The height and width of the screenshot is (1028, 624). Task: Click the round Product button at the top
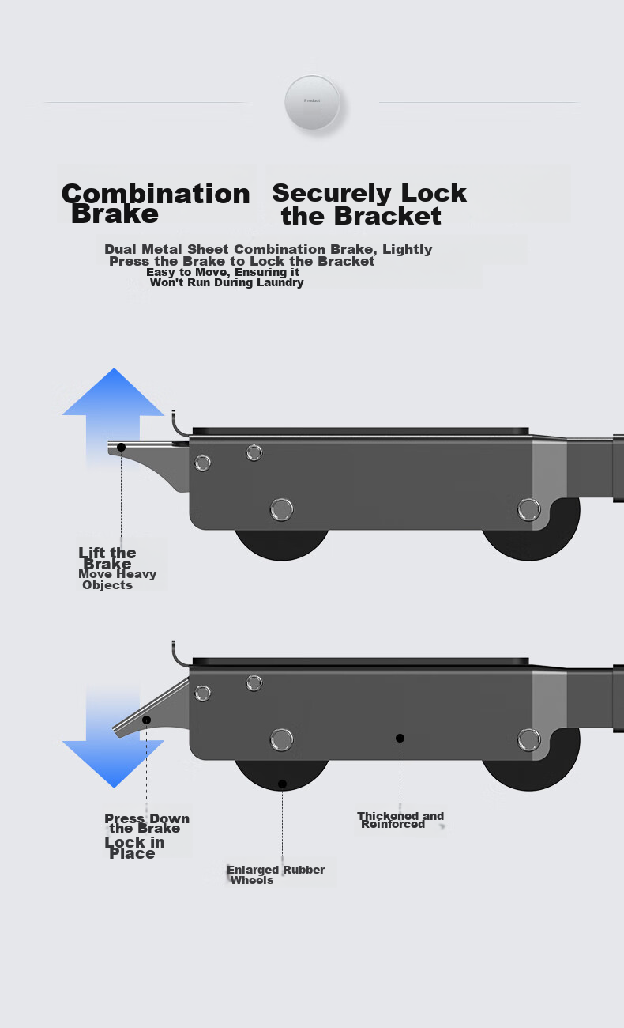312,102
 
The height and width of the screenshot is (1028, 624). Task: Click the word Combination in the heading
156,194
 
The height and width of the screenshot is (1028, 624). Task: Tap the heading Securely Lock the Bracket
369,204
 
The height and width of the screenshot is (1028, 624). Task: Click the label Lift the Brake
107,557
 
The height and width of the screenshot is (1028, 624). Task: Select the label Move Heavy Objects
118,580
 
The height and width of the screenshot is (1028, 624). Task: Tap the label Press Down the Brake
147,823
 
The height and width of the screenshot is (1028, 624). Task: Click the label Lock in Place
133,847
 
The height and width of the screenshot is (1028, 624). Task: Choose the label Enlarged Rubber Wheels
276,875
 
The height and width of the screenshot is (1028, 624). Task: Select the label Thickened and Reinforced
400,820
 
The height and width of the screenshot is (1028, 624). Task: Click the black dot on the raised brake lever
121,447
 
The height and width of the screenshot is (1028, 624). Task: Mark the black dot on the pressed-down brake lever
146,720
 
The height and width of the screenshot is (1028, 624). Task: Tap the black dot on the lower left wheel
283,784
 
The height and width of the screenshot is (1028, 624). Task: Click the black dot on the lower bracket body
400,738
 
